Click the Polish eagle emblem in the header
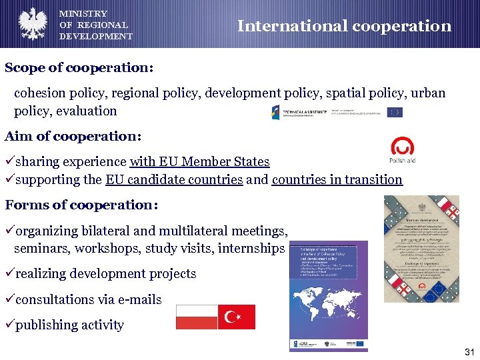click(x=31, y=23)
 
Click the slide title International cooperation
click(x=344, y=26)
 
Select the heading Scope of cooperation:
click(x=79, y=68)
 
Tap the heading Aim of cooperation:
click(x=73, y=136)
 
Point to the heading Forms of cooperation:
click(x=81, y=205)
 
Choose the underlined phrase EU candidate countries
click(x=174, y=179)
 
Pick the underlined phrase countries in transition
click(x=337, y=179)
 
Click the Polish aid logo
click(x=402, y=151)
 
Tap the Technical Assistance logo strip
click(x=336, y=112)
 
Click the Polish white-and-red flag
click(x=197, y=317)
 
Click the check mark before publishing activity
click(x=9, y=325)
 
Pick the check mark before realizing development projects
click(x=9, y=273)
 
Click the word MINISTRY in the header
click(x=83, y=13)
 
